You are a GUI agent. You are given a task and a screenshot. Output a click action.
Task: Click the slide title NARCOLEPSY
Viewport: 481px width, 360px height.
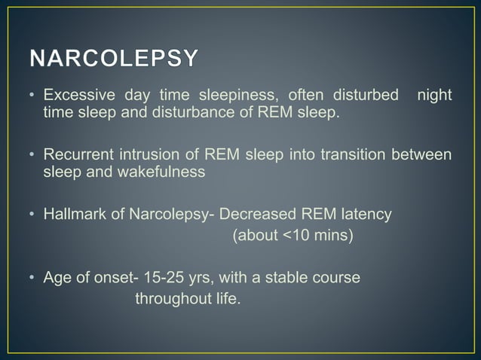click(x=115, y=59)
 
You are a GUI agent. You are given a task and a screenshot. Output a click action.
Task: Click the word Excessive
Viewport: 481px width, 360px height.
click(x=75, y=97)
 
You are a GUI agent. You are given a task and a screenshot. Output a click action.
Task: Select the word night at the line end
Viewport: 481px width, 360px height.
click(x=434, y=97)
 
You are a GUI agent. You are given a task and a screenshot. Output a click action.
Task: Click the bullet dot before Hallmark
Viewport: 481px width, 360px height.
click(x=33, y=215)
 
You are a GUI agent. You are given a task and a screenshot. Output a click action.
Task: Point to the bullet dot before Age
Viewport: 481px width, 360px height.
click(x=33, y=279)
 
